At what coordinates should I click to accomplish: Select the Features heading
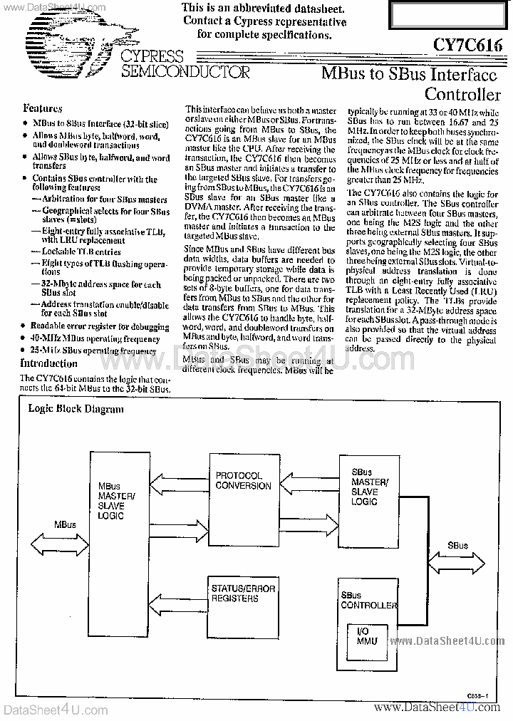(x=43, y=108)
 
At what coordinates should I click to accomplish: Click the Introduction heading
(x=48, y=363)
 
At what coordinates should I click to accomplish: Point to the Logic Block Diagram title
(x=76, y=409)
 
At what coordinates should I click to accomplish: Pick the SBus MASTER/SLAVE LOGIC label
(x=369, y=487)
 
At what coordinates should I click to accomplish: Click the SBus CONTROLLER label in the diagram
(x=368, y=601)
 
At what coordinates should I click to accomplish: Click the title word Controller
(x=462, y=94)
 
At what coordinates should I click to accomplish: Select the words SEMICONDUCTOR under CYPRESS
(x=185, y=72)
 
